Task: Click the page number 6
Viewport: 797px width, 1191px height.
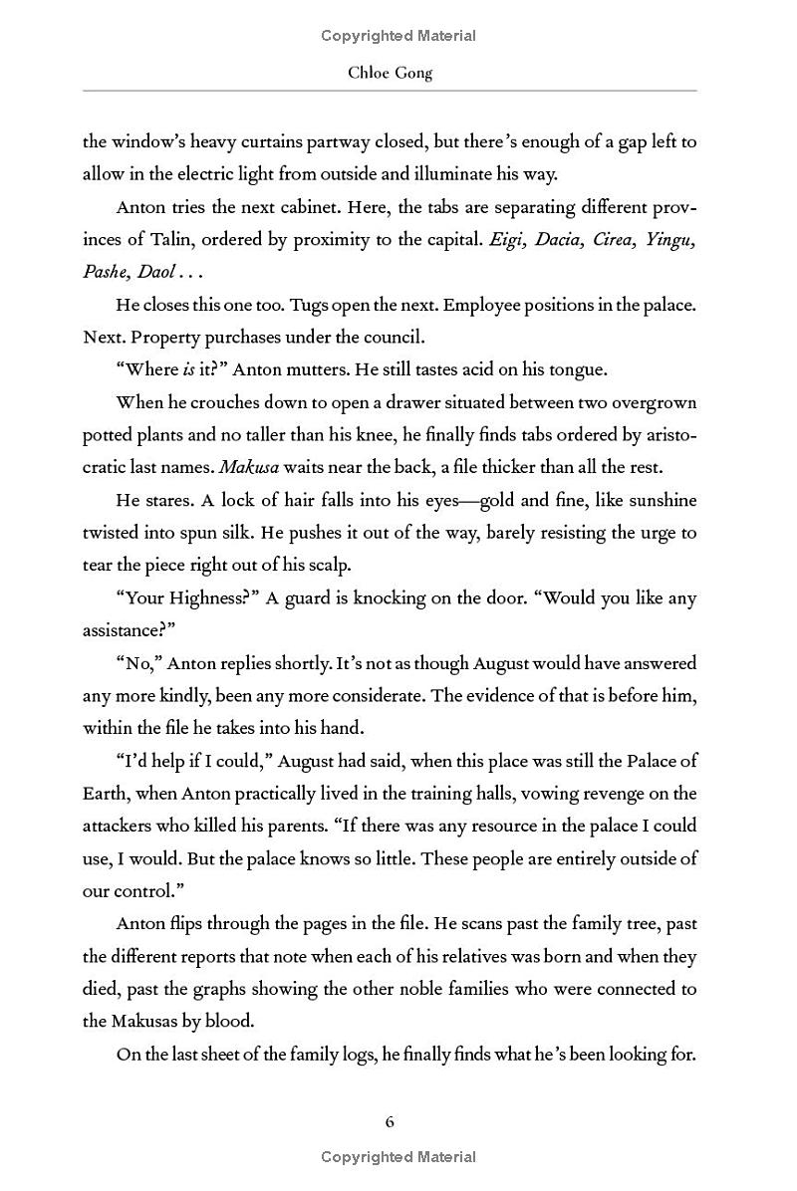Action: [390, 1122]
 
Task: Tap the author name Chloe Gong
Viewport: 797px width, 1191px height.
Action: [390, 73]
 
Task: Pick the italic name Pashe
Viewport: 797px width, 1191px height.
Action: [105, 272]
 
